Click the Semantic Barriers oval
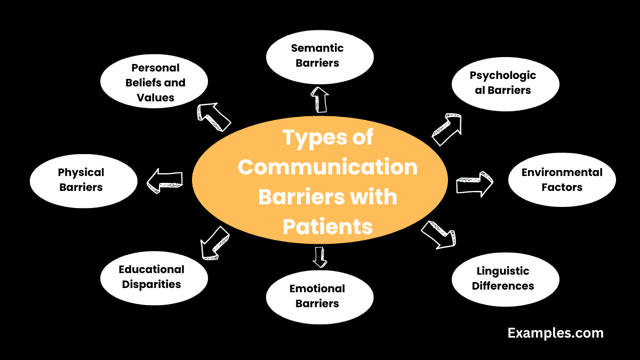click(x=319, y=55)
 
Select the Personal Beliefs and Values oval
click(x=154, y=82)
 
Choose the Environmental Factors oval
click(x=562, y=180)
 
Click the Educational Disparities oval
click(x=154, y=277)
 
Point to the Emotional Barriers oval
click(x=319, y=296)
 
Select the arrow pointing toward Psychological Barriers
click(x=446, y=130)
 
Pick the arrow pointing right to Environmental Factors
click(x=474, y=183)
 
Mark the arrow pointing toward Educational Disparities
click(x=214, y=242)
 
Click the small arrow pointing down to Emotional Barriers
click(x=320, y=257)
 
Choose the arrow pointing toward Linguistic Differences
click(x=439, y=235)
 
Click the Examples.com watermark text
click(x=555, y=333)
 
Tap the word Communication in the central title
click(x=327, y=167)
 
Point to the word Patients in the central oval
click(x=327, y=227)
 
